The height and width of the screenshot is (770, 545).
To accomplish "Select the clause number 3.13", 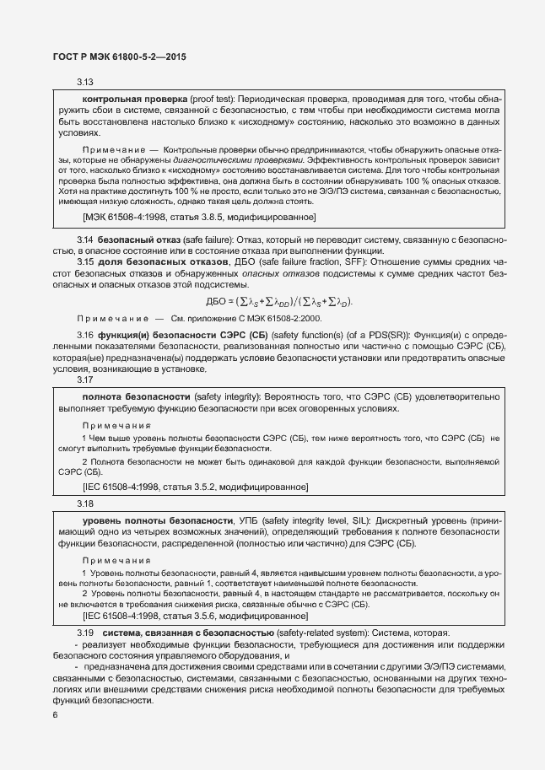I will point(84,83).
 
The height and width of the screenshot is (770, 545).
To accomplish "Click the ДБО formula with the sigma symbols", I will point(279,302).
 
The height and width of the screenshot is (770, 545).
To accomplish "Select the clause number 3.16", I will point(85,335).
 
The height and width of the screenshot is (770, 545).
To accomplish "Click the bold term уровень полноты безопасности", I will point(156,520).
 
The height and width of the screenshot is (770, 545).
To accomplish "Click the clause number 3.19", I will point(84,633).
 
